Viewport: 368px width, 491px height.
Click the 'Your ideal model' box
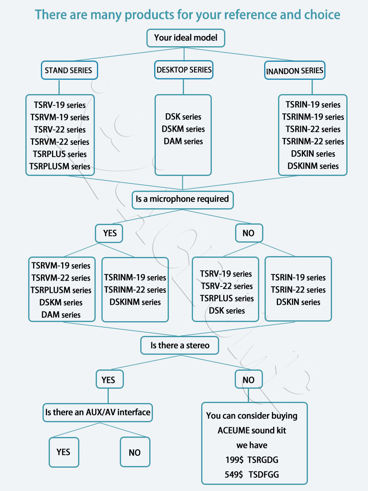tap(186, 38)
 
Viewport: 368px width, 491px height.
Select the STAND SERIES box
tap(70, 70)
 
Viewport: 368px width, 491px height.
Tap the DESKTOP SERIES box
tap(184, 70)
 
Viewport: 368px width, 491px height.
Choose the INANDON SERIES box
tap(294, 70)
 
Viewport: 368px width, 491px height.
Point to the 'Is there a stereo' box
tap(180, 345)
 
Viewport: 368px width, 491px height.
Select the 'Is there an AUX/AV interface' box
tap(98, 412)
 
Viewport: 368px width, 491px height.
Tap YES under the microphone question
tap(109, 233)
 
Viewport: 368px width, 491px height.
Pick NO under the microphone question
tap(249, 233)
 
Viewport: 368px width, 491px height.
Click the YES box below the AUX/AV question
tap(64, 452)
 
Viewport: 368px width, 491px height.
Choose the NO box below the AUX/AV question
tap(135, 452)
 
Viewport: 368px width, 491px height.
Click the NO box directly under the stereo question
tap(249, 379)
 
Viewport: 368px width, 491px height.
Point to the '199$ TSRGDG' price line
tap(252, 460)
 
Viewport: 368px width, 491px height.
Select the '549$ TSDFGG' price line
tap(252, 475)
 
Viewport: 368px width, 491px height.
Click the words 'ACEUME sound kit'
tap(252, 430)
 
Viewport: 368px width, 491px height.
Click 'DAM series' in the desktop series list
tap(183, 142)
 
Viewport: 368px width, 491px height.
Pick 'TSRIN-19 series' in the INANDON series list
tap(313, 105)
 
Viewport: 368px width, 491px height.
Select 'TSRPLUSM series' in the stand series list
tap(60, 167)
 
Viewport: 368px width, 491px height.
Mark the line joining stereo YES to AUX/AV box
tap(108, 396)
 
